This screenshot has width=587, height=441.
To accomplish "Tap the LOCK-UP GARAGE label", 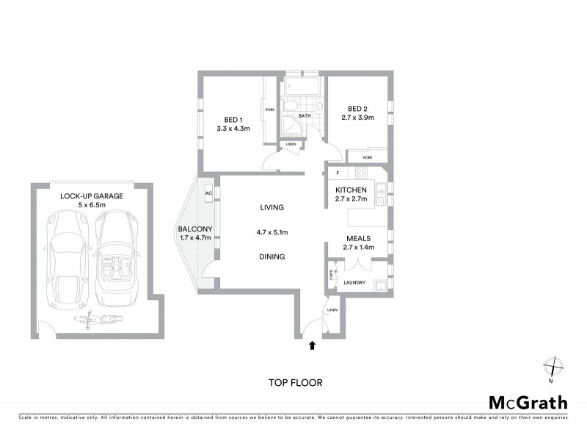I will click(92, 196).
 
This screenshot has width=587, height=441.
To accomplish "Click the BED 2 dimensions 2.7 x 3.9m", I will click(357, 117).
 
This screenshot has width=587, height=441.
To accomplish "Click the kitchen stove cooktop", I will click(361, 174).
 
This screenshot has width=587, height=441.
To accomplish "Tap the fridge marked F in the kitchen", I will click(337, 174).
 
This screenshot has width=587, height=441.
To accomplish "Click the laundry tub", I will click(380, 285).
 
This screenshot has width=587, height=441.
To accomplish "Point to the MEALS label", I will click(357, 238).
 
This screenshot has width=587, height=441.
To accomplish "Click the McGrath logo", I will click(528, 402).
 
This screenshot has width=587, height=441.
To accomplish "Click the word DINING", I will click(271, 257).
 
